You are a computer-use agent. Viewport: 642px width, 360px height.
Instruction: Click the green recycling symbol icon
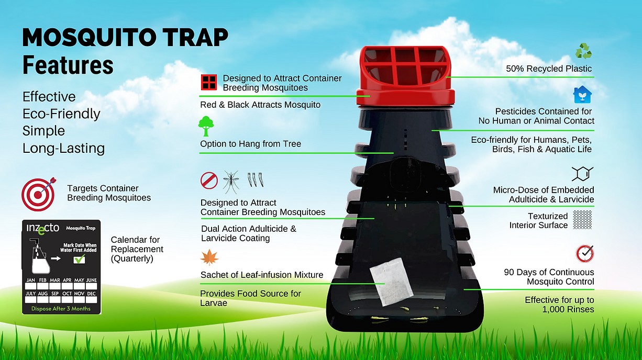[x=583, y=51]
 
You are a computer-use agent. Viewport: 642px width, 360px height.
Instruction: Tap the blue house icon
[x=582, y=94]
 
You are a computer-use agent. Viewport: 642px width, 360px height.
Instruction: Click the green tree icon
[x=206, y=127]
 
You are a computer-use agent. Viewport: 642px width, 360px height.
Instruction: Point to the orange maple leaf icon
[x=208, y=258]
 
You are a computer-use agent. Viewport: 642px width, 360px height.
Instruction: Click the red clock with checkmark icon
[x=584, y=254]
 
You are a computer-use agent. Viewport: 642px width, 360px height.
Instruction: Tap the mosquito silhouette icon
[x=231, y=181]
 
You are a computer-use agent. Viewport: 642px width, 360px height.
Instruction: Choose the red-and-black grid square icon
[x=209, y=82]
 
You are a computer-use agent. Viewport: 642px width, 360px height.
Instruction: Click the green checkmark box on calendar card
[x=79, y=259]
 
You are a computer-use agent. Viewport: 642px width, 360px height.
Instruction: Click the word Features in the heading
[x=68, y=65]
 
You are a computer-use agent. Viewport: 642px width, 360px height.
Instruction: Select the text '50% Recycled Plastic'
[x=549, y=69]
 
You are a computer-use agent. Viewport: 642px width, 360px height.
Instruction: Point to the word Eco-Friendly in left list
[x=61, y=114]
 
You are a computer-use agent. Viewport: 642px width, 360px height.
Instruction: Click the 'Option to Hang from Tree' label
[x=250, y=144]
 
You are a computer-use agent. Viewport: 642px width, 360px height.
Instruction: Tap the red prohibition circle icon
[x=209, y=181]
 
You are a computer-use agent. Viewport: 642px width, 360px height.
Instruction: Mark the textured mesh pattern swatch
[x=582, y=220]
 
